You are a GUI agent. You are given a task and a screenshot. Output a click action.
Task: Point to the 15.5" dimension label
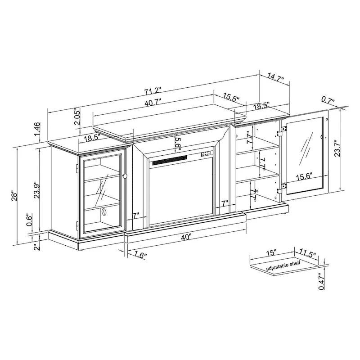coord(231,98)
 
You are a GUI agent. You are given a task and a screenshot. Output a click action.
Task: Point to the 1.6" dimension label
coord(140,255)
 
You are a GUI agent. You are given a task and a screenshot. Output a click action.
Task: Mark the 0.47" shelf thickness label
coord(320,281)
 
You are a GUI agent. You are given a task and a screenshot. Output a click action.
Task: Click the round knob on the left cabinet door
coord(125,176)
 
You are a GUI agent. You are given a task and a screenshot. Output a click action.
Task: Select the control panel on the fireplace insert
coord(206,154)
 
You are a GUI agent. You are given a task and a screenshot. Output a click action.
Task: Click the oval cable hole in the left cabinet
coord(104,211)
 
